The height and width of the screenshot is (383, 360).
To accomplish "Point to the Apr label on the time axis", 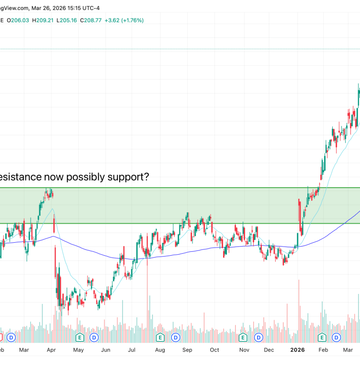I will (x=52, y=350).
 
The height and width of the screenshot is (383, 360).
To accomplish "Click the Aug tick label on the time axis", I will (x=160, y=350).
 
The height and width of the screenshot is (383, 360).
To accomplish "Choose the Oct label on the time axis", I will (x=214, y=350).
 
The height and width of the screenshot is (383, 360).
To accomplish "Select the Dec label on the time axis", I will (x=269, y=350).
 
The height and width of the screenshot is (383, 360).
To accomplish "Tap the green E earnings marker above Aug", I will (x=161, y=338).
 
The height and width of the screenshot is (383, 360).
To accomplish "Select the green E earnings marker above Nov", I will (x=243, y=338).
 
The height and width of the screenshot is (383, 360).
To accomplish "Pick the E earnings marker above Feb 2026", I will (x=322, y=338).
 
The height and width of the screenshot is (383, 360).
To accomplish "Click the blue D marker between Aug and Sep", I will (x=176, y=338).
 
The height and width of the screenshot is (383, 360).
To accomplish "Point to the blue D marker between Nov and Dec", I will (x=258, y=338).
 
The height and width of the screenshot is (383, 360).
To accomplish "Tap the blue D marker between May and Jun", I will (x=94, y=338).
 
